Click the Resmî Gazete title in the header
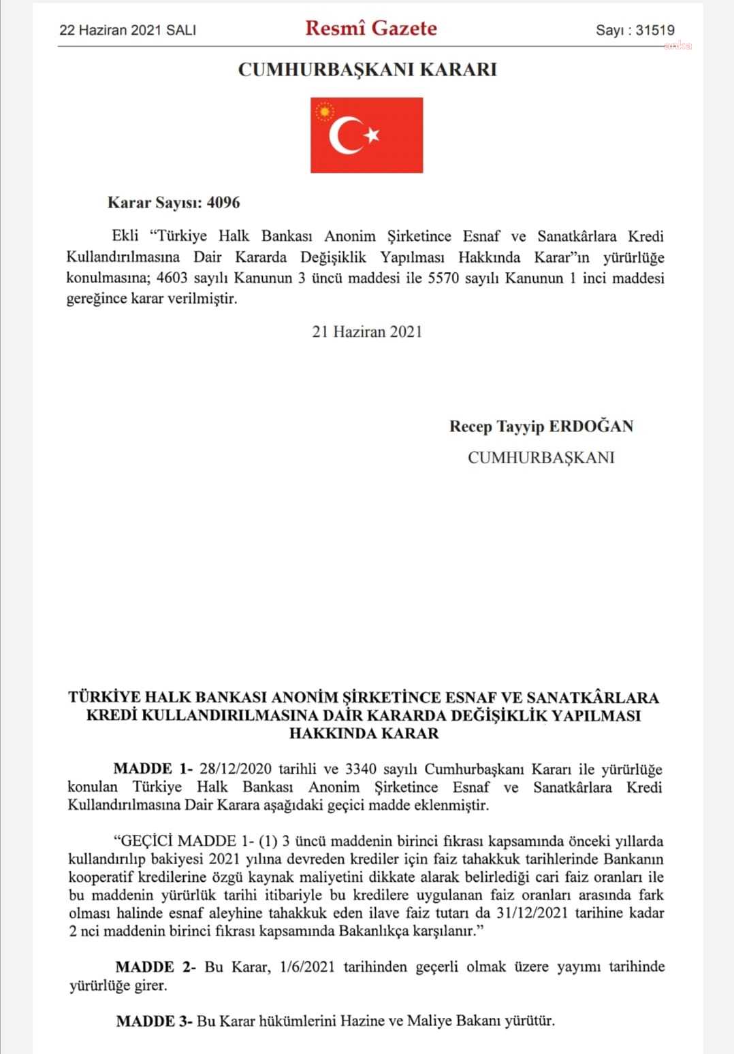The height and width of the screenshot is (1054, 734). pyautogui.click(x=371, y=29)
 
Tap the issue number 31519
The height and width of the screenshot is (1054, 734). pyautogui.click(x=654, y=30)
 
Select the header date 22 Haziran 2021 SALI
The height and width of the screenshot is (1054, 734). pyautogui.click(x=128, y=30)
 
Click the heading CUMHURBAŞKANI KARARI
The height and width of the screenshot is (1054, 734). pyautogui.click(x=367, y=69)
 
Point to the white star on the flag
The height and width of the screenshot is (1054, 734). pyautogui.click(x=372, y=135)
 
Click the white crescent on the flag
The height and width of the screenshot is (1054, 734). pyautogui.click(x=344, y=135)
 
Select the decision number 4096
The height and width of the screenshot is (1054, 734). pyautogui.click(x=223, y=203)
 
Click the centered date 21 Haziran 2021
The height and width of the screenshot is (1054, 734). pyautogui.click(x=367, y=331)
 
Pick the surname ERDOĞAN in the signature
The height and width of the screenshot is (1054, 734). pyautogui.click(x=591, y=427)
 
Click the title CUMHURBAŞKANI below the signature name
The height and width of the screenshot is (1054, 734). pyautogui.click(x=541, y=457)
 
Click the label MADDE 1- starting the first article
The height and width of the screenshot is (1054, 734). pyautogui.click(x=153, y=770)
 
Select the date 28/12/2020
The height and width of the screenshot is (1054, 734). pyautogui.click(x=236, y=770)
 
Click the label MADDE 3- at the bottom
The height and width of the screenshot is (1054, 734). pyautogui.click(x=155, y=1021)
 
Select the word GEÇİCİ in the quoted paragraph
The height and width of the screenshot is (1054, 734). pyautogui.click(x=140, y=841)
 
